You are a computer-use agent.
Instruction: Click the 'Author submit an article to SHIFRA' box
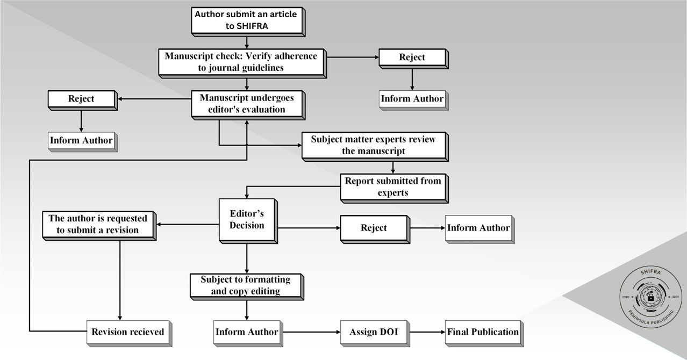[246, 20]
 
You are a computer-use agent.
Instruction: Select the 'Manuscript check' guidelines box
[241, 62]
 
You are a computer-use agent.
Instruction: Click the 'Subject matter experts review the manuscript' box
[373, 145]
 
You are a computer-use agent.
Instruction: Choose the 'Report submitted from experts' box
[392, 187]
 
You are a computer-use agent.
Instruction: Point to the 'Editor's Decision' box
[246, 219]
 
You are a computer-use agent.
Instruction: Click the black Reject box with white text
[373, 228]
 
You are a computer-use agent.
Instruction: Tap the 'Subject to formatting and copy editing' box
[246, 285]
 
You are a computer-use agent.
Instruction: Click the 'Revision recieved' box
[127, 332]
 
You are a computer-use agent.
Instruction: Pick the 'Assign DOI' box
[373, 332]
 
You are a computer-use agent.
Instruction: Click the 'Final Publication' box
[482, 332]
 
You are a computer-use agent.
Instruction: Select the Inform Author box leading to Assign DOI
[246, 332]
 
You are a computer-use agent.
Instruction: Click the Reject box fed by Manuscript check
[412, 57]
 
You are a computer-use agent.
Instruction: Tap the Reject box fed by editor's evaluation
[81, 99]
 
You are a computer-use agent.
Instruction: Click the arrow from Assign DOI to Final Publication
[426, 332]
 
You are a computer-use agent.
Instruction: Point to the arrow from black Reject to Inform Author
[426, 228]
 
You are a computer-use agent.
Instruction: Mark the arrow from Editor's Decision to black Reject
[309, 228]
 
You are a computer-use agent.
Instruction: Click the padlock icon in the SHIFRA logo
[650, 297]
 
